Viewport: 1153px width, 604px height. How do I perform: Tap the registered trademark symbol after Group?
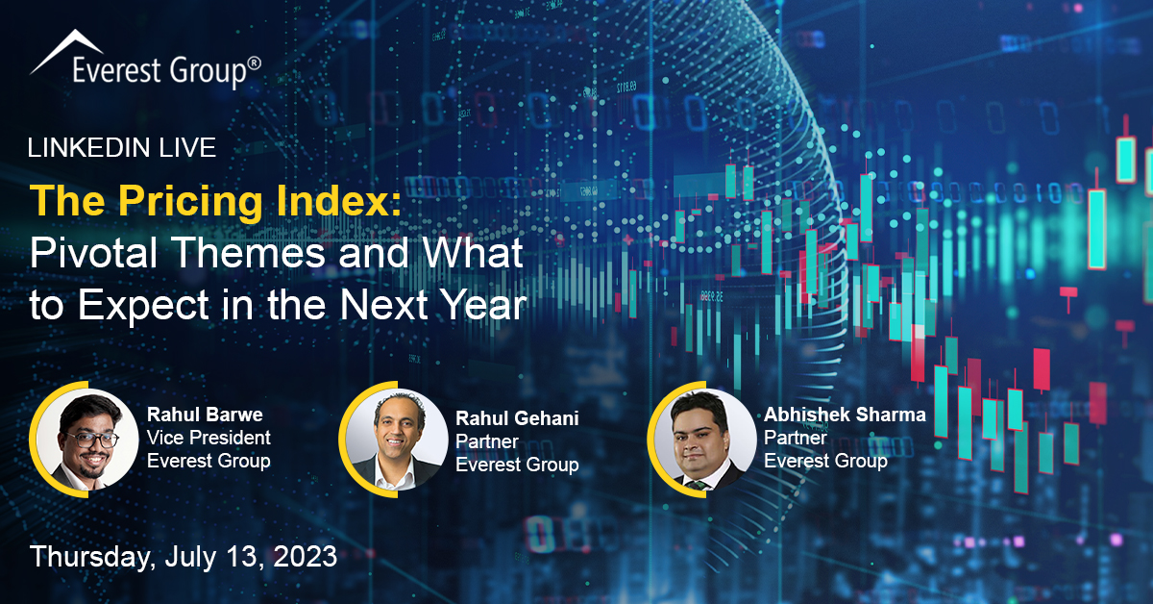point(255,63)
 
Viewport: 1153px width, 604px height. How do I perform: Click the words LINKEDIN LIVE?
point(121,147)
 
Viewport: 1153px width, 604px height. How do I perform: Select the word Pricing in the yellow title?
point(190,202)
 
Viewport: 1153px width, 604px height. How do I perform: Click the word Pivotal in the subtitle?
point(93,253)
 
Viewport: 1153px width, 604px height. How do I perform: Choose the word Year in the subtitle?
point(485,305)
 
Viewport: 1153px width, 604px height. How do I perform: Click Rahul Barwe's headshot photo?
point(87,440)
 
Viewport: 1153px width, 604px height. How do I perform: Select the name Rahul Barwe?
point(205,415)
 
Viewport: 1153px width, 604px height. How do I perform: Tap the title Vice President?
point(209,438)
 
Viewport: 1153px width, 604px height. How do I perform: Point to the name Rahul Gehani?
point(517,418)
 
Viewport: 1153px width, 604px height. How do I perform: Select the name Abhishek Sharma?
point(845,415)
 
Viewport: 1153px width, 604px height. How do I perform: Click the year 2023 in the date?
point(306,557)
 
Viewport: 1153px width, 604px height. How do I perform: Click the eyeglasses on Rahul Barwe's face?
point(91,440)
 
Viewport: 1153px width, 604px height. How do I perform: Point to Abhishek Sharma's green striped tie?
point(697,485)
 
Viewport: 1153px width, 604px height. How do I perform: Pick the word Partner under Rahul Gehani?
point(487,441)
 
